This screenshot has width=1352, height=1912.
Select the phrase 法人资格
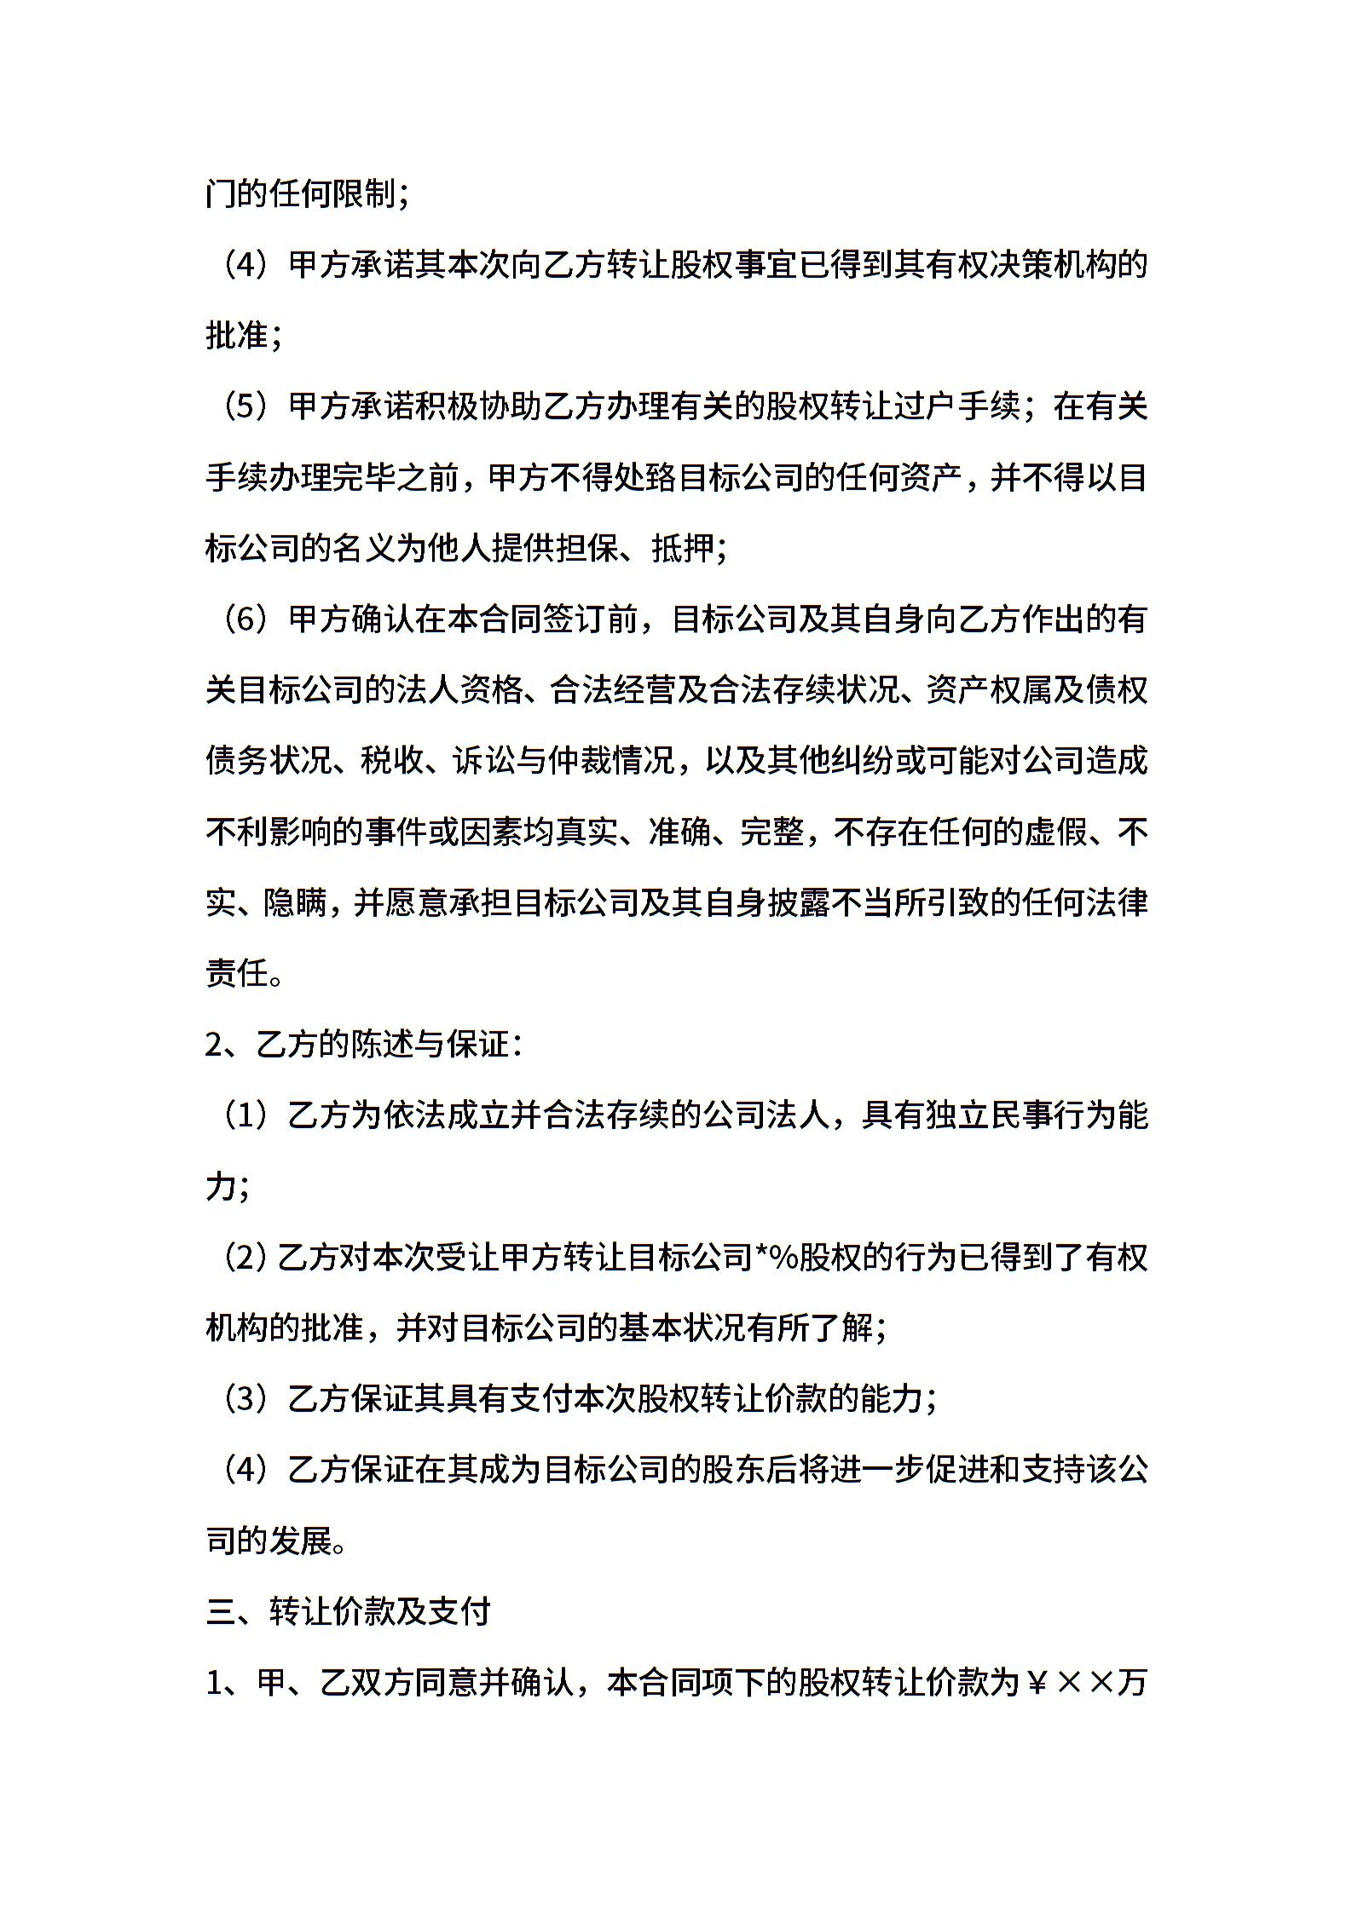point(459,690)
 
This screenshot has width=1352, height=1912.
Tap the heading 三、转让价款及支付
point(349,1611)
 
